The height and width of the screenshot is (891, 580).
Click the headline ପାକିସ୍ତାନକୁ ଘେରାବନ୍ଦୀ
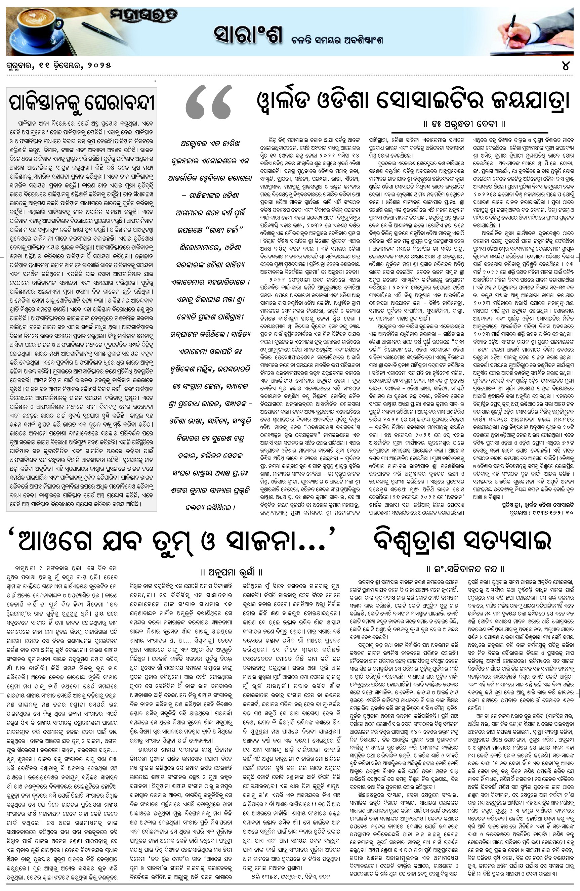pos(82,102)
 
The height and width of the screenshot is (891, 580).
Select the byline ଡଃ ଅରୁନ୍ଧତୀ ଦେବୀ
pos(464,124)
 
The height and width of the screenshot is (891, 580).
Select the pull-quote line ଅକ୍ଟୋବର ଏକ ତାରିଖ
pos(210,143)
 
